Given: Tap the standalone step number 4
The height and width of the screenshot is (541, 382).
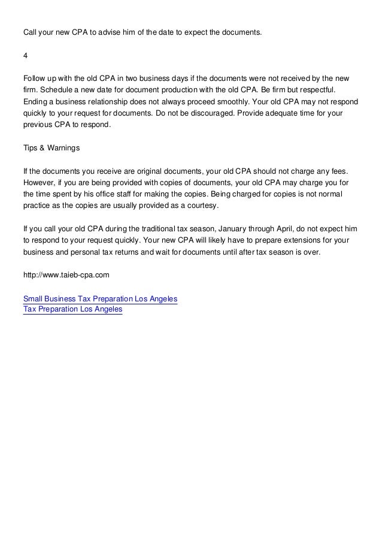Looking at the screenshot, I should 25,56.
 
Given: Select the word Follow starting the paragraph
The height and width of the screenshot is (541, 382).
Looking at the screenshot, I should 34,78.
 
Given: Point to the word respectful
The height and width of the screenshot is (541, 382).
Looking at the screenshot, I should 320,89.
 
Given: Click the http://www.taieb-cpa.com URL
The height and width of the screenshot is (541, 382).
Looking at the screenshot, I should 66,275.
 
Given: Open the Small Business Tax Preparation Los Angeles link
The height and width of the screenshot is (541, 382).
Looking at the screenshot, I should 100,298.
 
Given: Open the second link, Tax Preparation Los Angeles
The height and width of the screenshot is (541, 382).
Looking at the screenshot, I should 72,309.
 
